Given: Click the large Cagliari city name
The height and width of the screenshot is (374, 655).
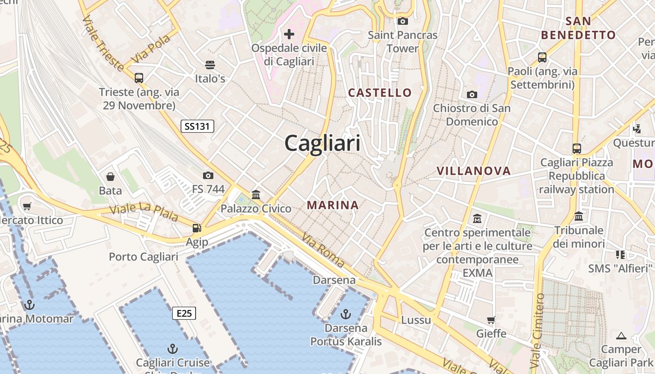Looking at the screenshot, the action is [323, 143].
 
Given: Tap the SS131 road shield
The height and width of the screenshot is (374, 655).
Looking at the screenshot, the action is [197, 126].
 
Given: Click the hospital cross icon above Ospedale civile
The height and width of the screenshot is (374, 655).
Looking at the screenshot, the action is [289, 34].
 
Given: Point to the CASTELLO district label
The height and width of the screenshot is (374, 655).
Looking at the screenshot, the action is [380, 93].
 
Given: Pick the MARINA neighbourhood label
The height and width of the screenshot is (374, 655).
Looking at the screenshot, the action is [333, 205].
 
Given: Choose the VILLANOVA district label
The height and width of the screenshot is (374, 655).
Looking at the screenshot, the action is [473, 171].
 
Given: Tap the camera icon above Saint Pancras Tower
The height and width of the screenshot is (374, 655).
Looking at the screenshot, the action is [402, 21].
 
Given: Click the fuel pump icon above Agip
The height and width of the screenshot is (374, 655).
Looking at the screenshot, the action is [197, 228].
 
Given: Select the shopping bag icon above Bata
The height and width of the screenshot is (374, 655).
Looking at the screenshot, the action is [110, 176].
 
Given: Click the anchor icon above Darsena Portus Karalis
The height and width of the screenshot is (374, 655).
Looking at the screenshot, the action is [346, 314].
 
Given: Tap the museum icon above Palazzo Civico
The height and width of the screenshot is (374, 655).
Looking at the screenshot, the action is [256, 194].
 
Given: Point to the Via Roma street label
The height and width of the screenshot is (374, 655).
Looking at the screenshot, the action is [323, 251].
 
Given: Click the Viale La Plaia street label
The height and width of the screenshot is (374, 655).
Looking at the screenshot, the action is [144, 212].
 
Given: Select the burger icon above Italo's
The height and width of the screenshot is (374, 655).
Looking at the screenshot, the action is [210, 65].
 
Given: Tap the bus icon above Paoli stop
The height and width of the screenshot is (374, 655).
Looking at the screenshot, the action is [542, 58].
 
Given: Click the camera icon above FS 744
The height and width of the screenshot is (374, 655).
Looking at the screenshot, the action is [208, 175].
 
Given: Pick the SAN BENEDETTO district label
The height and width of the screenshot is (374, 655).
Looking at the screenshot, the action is [578, 28].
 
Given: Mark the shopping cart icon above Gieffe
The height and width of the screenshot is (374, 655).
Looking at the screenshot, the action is [491, 320].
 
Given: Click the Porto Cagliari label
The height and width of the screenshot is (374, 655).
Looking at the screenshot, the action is [144, 257].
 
